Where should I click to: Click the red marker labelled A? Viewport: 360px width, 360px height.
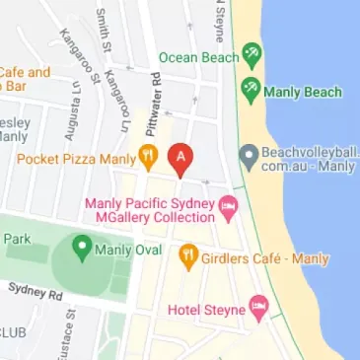(180, 158)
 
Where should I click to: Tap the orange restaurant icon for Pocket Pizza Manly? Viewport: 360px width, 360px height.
(148, 155)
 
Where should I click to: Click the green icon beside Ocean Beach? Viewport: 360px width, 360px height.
(252, 56)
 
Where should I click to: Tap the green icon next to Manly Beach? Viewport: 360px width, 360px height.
(252, 91)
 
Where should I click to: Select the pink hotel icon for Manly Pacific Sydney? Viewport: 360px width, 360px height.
(230, 208)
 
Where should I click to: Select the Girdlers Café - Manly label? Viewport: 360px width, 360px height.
(265, 259)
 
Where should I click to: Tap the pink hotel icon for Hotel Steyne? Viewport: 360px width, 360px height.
(257, 308)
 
